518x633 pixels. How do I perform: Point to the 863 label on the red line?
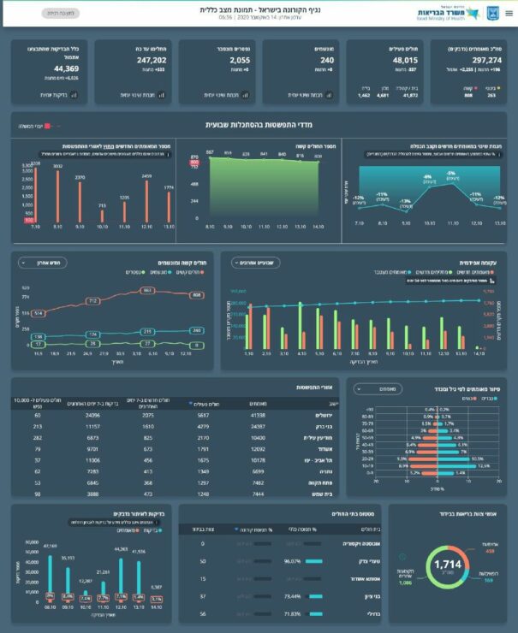(x=147, y=291)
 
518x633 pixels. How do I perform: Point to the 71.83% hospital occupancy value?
(x=278, y=614)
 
